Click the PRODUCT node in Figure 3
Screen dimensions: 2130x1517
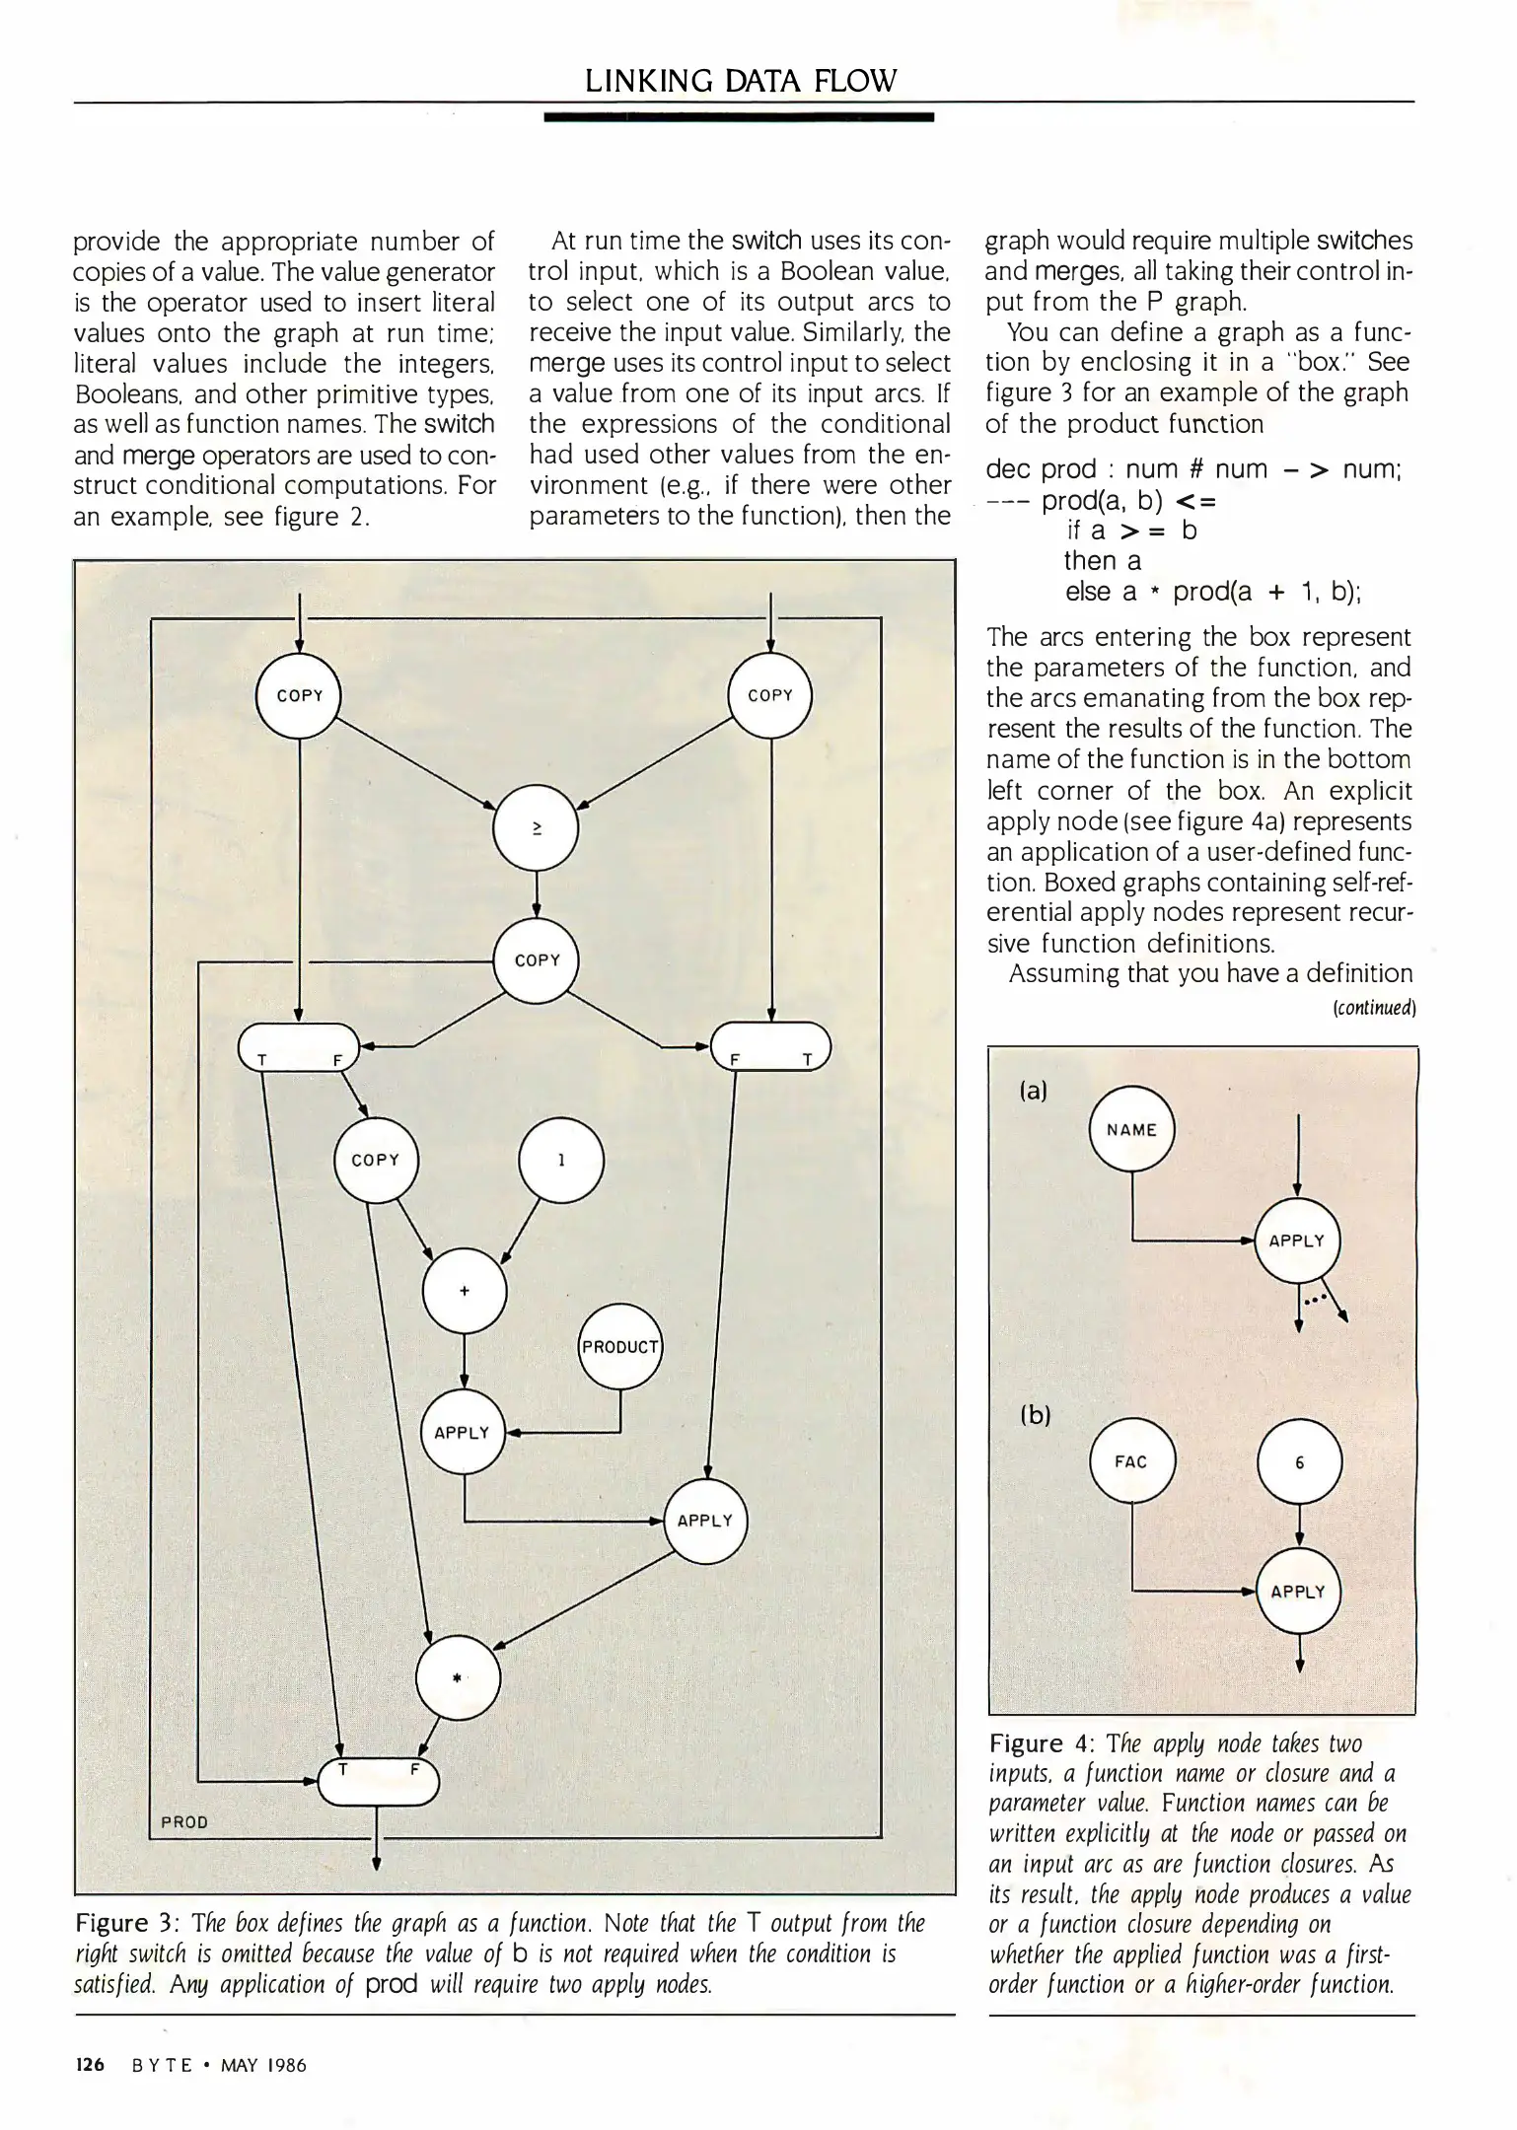pos(620,1346)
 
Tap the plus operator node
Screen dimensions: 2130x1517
pos(465,1292)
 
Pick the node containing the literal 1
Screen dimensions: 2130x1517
pos(560,1161)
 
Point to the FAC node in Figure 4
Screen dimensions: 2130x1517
pos(1131,1461)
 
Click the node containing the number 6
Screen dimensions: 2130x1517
pos(1299,1462)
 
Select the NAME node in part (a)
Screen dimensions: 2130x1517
pos(1131,1130)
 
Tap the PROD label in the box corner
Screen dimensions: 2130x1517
pos(184,1822)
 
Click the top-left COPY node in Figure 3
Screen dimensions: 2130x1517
pos(299,695)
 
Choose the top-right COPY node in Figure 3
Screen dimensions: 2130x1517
pos(770,695)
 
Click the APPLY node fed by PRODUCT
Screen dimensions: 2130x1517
pos(463,1433)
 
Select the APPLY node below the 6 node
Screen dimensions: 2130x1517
pos(1298,1592)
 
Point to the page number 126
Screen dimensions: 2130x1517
pos(89,2065)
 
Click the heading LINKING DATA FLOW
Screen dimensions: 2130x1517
pos(741,81)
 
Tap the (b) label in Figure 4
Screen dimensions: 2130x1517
pos(1035,1415)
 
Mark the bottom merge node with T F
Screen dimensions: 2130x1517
pos(377,1781)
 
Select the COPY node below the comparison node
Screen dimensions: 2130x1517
pos(537,960)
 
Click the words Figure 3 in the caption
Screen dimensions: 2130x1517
pos(125,1924)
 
